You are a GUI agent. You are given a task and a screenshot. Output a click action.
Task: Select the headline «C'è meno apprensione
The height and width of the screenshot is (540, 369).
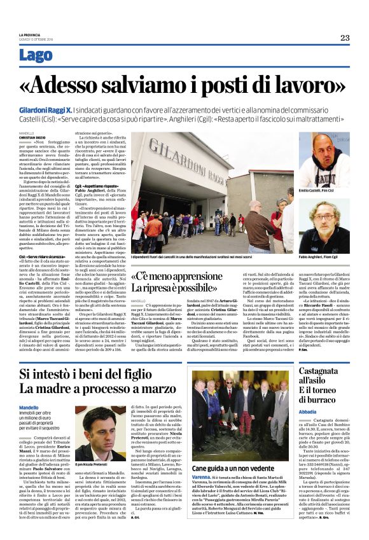point(189,277)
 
